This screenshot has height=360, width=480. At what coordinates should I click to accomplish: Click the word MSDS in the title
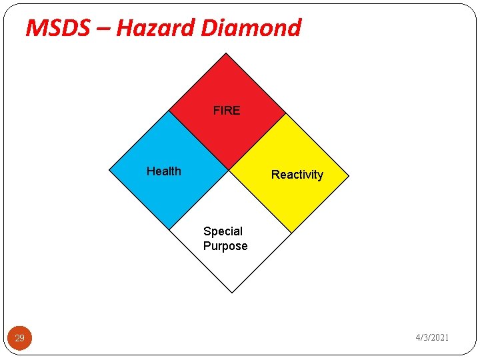64,28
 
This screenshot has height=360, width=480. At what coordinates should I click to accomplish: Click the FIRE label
227,111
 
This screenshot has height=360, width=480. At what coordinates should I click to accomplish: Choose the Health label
163,171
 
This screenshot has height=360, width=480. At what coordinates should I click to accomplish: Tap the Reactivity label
297,175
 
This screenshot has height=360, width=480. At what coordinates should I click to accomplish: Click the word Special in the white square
223,231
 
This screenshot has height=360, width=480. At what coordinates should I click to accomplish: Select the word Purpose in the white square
225,246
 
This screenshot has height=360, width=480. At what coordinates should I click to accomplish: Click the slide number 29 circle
20,338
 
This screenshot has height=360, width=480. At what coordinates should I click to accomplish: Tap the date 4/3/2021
432,338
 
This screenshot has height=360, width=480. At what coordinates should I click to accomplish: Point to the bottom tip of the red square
227,169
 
